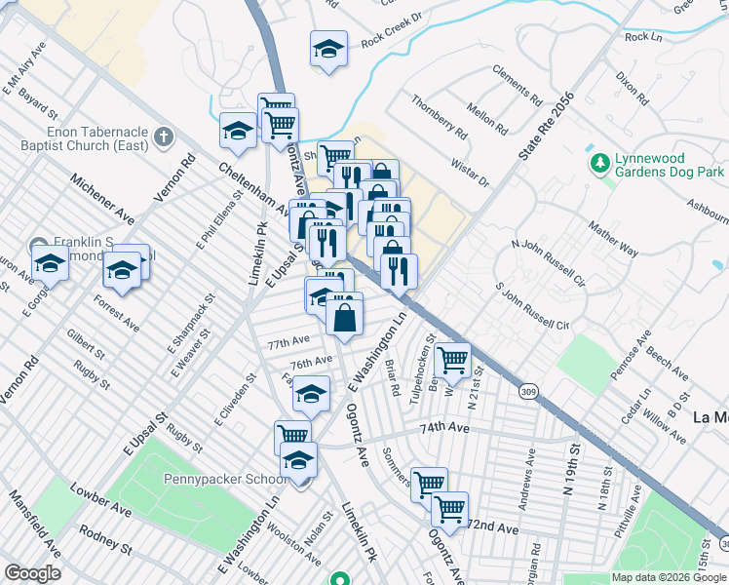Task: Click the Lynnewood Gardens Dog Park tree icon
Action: click(x=598, y=162)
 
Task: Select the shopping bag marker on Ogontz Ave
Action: click(x=345, y=316)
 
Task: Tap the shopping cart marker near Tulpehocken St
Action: click(x=452, y=360)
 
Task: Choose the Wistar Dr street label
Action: click(x=470, y=175)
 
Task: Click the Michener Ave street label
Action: click(x=101, y=195)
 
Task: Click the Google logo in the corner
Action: click(x=32, y=573)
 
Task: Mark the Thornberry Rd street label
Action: click(x=439, y=115)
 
